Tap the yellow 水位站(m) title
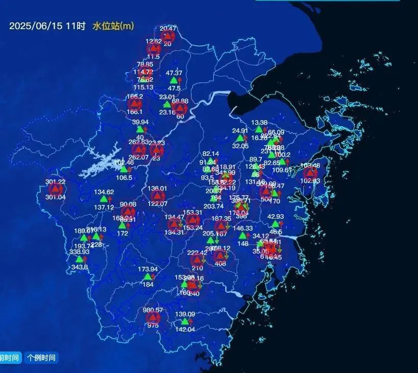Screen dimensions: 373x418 click(x=113, y=26)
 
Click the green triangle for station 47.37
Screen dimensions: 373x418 click(x=174, y=80)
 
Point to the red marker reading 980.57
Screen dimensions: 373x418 click(x=152, y=318)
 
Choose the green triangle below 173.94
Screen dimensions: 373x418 click(x=147, y=276)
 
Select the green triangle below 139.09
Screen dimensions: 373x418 click(x=185, y=322)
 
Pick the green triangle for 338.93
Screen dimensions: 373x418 click(x=79, y=259)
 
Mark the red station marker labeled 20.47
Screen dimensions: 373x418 click(x=168, y=36)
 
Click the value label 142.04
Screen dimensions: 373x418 click(x=185, y=330)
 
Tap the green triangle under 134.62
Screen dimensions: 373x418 click(x=104, y=199)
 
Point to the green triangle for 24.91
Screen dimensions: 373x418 click(x=240, y=138)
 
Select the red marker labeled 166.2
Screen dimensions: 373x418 click(x=134, y=104)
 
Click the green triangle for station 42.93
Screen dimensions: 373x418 click(x=275, y=224)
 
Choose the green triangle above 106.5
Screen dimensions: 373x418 click(x=124, y=170)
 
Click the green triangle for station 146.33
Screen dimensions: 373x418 click(x=242, y=236)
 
